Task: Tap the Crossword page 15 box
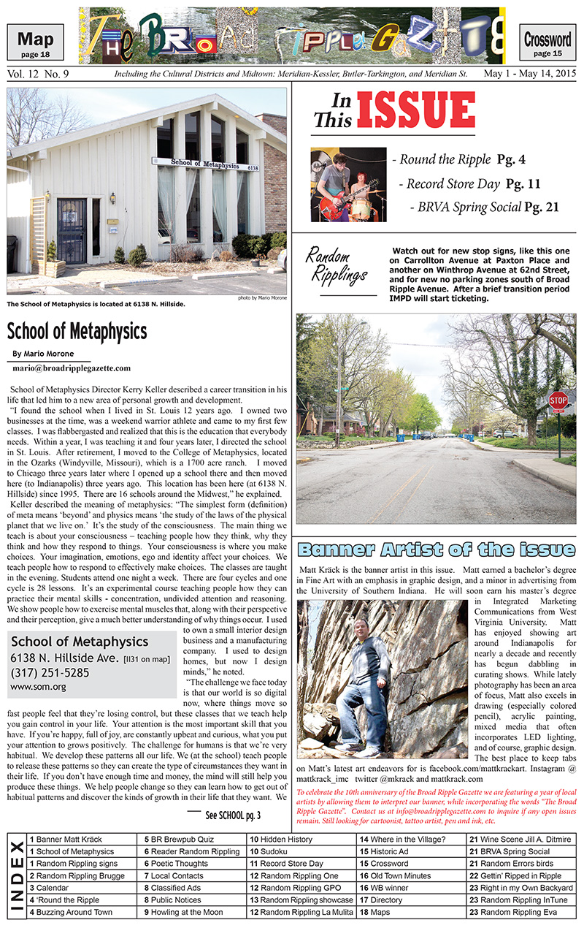click(547, 43)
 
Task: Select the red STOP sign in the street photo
click(558, 400)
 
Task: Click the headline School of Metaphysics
click(77, 332)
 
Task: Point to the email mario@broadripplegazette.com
click(72, 368)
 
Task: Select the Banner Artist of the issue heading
click(437, 549)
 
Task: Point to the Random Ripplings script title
click(337, 265)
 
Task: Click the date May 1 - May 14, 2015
click(529, 75)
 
